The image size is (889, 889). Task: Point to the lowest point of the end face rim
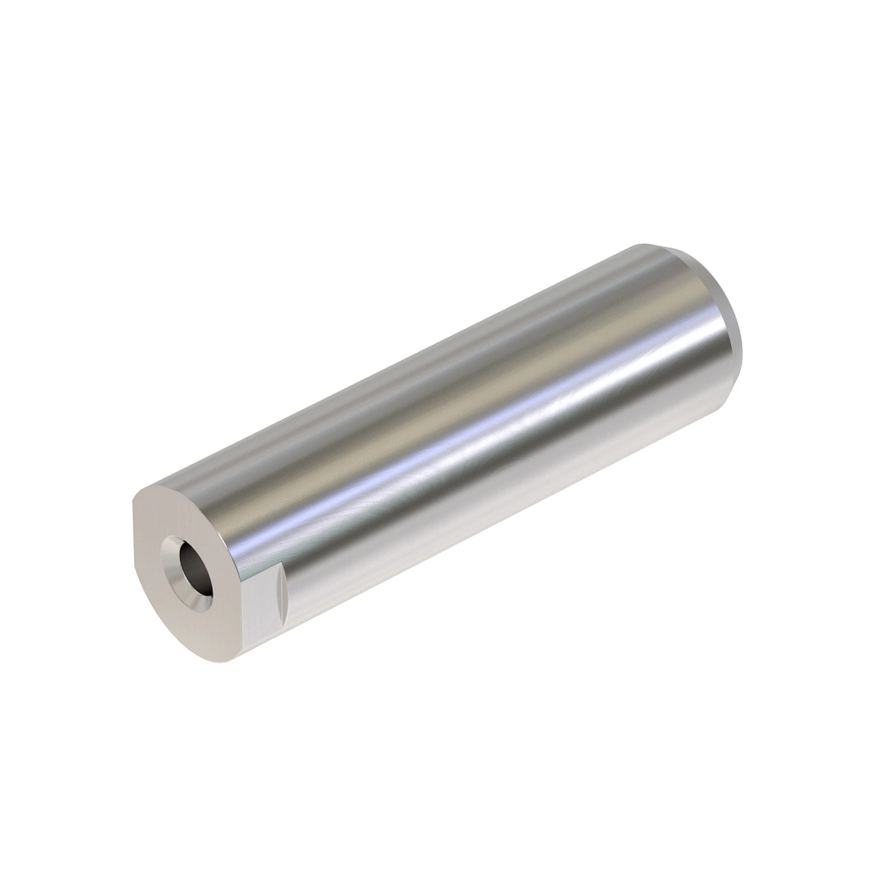pos(215,662)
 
